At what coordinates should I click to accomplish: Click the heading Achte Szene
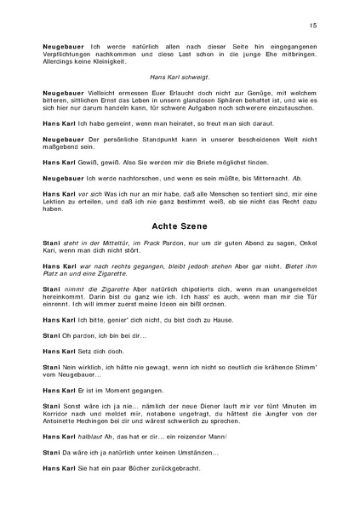180,228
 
